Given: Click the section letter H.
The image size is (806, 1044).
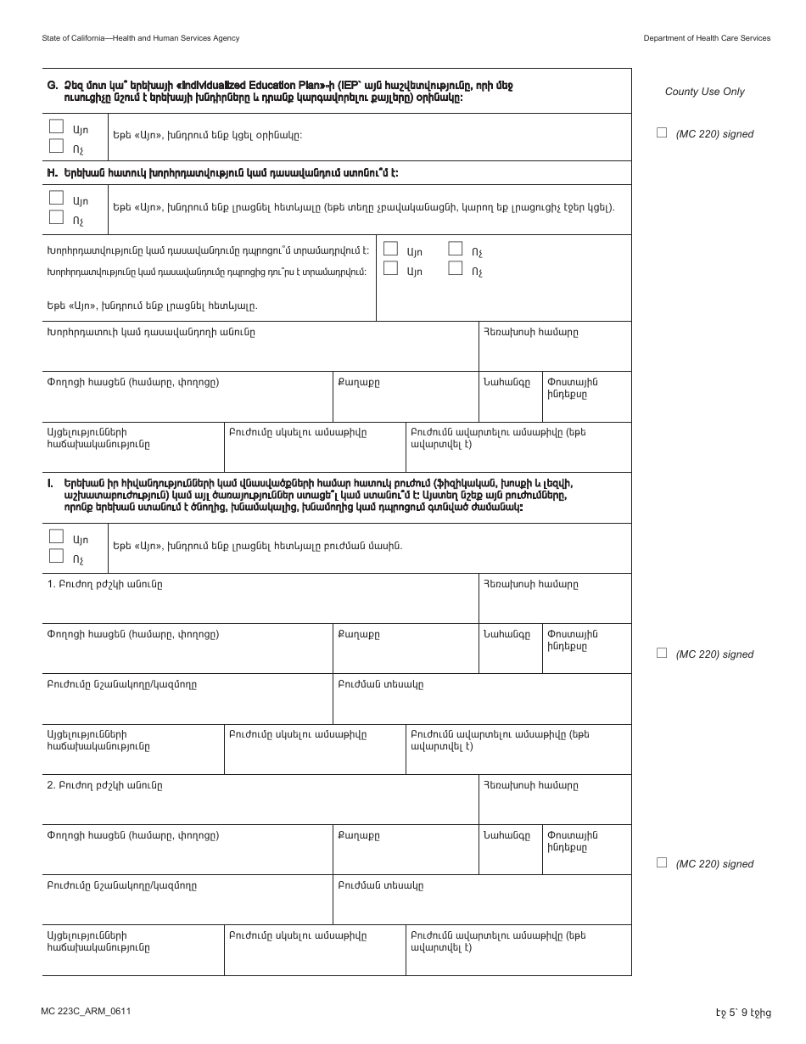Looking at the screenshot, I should (x=51, y=172).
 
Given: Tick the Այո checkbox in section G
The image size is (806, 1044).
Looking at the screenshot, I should (x=57, y=126).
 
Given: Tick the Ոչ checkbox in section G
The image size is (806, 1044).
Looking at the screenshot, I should (x=57, y=145).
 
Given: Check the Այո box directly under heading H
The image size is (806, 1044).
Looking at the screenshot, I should (x=57, y=198).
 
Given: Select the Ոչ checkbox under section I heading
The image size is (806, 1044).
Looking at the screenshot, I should (x=57, y=556).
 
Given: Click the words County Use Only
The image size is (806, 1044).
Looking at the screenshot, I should (x=704, y=92).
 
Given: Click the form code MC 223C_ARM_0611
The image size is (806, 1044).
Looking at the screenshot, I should (x=85, y=1012).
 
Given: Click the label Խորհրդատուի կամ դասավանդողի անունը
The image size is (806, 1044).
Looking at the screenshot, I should (x=150, y=332).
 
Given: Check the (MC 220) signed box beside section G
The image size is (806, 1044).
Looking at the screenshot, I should (x=662, y=132).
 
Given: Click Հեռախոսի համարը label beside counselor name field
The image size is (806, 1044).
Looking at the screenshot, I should (x=530, y=332).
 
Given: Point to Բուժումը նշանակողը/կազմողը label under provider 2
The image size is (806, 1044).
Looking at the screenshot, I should (x=121, y=885).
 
